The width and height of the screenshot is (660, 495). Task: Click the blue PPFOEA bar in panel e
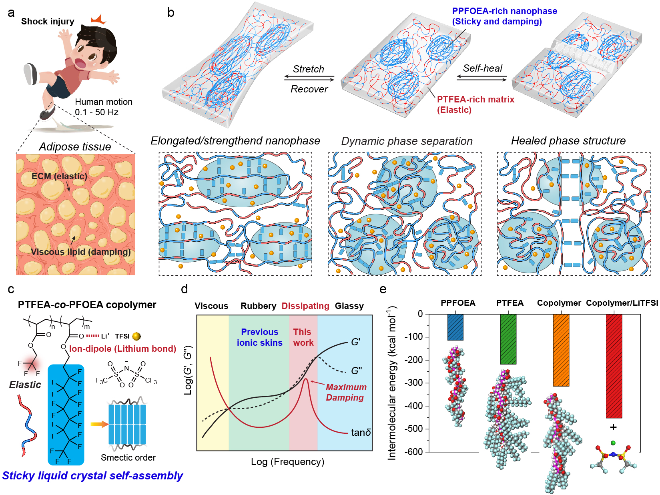[x=455, y=327]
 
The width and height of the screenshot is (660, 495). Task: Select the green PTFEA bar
[x=508, y=339]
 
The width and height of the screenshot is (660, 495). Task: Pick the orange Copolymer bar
[x=561, y=350]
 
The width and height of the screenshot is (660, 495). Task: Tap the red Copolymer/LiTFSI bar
[x=614, y=366]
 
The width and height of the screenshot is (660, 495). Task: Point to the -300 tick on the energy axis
[x=414, y=383]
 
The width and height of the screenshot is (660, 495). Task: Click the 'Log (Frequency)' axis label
[x=287, y=461]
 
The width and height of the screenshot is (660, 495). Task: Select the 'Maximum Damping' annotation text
[x=346, y=392]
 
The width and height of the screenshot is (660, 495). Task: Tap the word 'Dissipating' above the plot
[x=305, y=306]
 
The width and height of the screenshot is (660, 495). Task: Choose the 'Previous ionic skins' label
[x=259, y=337]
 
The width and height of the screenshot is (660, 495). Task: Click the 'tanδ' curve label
[x=361, y=432]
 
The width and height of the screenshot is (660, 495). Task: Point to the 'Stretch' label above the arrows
[x=309, y=69]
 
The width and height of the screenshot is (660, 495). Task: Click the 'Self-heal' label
[x=482, y=68]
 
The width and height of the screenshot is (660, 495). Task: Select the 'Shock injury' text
[x=48, y=22]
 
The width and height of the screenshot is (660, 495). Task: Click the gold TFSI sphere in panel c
[x=136, y=336]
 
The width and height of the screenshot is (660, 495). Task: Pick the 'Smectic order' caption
[x=128, y=457]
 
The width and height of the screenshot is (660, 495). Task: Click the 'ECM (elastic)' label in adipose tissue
[x=59, y=176]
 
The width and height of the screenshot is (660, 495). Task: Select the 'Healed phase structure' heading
[x=568, y=140]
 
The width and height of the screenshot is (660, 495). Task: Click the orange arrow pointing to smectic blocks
[x=100, y=424]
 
